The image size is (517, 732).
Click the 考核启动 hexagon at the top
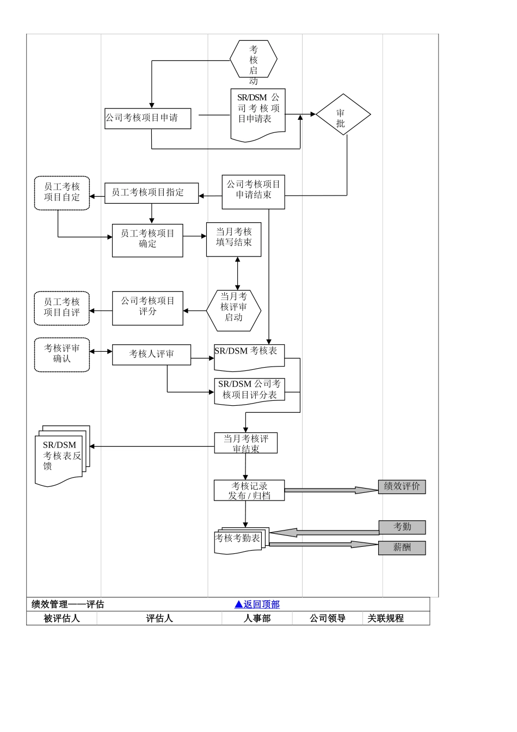[x=254, y=59]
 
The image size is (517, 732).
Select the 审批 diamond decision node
[x=343, y=115]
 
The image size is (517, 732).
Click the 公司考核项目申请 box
[x=147, y=118]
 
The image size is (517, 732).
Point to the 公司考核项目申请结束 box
[x=253, y=191]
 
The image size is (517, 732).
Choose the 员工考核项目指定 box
[x=151, y=193]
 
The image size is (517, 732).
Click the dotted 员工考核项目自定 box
[x=62, y=193]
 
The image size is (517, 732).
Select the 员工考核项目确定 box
[x=147, y=240]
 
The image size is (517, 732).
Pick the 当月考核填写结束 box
[x=233, y=239]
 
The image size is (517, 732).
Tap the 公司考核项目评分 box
[x=147, y=308]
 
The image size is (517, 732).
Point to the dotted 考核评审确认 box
[x=62, y=355]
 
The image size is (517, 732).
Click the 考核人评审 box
[x=151, y=355]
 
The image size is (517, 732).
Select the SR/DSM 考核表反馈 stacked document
[x=61, y=455]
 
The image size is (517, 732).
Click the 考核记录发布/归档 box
[x=249, y=490]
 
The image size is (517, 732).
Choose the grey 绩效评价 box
[x=402, y=486]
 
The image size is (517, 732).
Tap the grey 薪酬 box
[x=402, y=547]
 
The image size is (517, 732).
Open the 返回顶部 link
[x=257, y=604]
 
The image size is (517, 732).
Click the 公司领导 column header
[x=328, y=618]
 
